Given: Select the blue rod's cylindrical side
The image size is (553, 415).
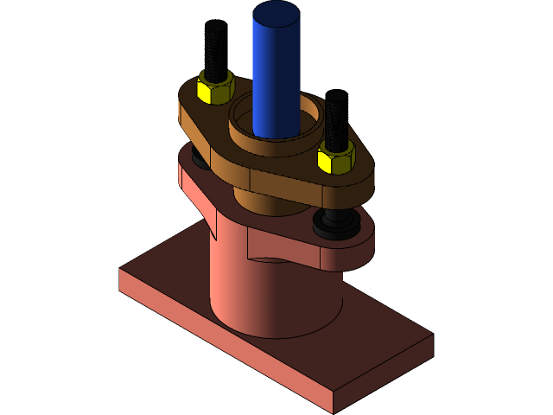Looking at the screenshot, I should (276, 78).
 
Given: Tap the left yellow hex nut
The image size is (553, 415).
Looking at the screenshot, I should (214, 89).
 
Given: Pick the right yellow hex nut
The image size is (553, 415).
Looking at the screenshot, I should (335, 158).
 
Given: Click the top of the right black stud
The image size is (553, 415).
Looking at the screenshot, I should (337, 96).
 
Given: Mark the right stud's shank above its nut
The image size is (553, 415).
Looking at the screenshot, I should (336, 121).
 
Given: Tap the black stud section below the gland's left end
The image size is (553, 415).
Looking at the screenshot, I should (200, 159).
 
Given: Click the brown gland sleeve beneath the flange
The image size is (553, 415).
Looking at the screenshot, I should (259, 204).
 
